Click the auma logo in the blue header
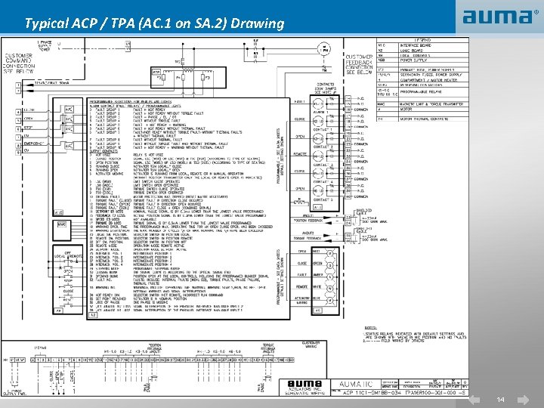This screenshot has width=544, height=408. [496, 17]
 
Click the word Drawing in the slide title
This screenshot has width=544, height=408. [259, 23]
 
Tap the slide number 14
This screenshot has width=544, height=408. [500, 398]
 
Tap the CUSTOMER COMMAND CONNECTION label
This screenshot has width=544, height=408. [18, 62]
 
